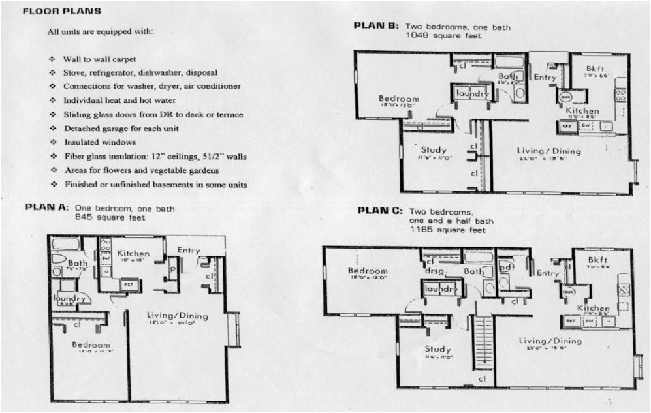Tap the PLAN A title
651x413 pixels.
click(46, 207)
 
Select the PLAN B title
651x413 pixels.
click(376, 26)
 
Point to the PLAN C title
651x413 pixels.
click(380, 211)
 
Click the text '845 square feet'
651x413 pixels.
click(110, 217)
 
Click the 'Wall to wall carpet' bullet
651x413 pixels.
click(99, 59)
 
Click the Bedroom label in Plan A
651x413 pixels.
click(91, 345)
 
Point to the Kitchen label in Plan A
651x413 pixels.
click(133, 253)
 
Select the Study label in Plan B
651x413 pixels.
click(434, 150)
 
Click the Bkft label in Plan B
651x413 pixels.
click(594, 68)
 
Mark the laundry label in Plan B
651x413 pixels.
click(471, 94)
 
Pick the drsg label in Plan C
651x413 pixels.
click(434, 271)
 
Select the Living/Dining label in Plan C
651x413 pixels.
click(550, 341)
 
